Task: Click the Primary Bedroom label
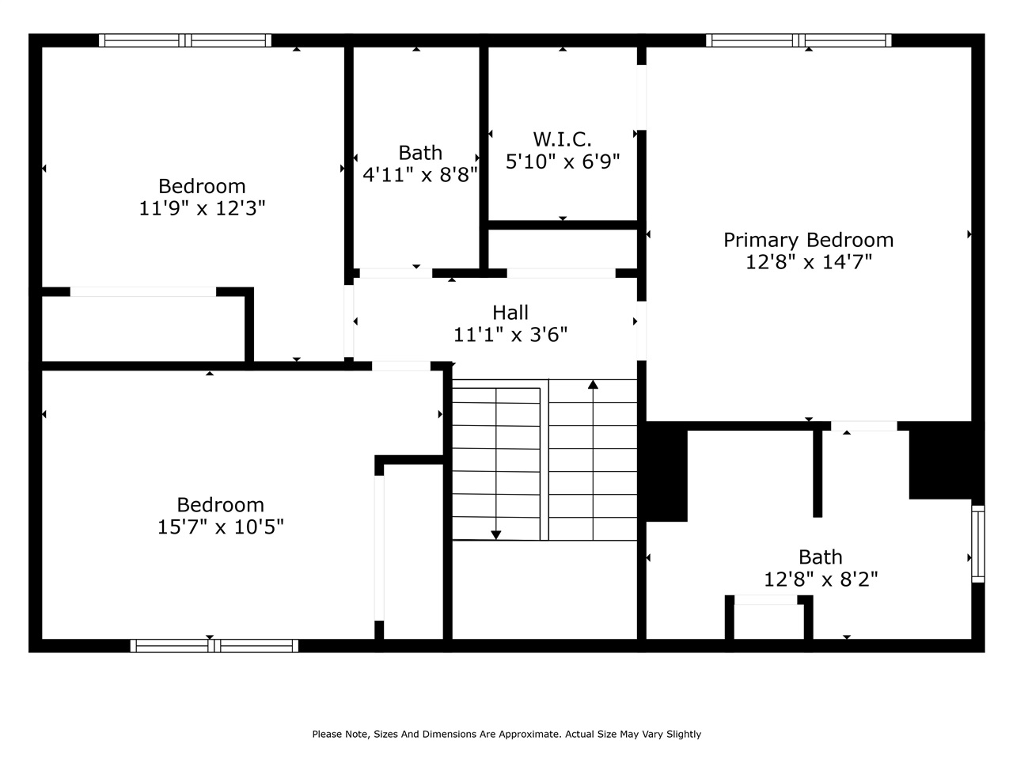pyautogui.click(x=808, y=240)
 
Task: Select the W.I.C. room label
pyautogui.click(x=562, y=139)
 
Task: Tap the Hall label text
pyautogui.click(x=510, y=313)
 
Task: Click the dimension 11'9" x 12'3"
pyautogui.click(x=202, y=208)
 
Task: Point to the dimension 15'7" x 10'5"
pyautogui.click(x=220, y=526)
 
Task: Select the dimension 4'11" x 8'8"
pyautogui.click(x=420, y=174)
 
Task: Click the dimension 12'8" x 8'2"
pyautogui.click(x=821, y=579)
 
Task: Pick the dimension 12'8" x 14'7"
pyautogui.click(x=808, y=262)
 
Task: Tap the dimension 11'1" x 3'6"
pyautogui.click(x=510, y=335)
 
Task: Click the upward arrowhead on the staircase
pyautogui.click(x=593, y=385)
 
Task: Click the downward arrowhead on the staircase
pyautogui.click(x=496, y=535)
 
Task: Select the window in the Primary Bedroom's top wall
pyautogui.click(x=799, y=40)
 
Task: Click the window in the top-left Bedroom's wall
pyautogui.click(x=185, y=40)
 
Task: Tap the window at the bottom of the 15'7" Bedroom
pyautogui.click(x=214, y=646)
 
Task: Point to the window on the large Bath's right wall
pyautogui.click(x=978, y=544)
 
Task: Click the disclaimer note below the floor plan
pyautogui.click(x=506, y=734)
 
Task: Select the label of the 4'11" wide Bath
pyautogui.click(x=420, y=152)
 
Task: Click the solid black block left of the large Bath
pyautogui.click(x=666, y=473)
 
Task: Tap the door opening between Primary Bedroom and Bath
pyautogui.click(x=863, y=426)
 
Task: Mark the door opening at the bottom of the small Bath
pyautogui.click(x=396, y=273)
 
